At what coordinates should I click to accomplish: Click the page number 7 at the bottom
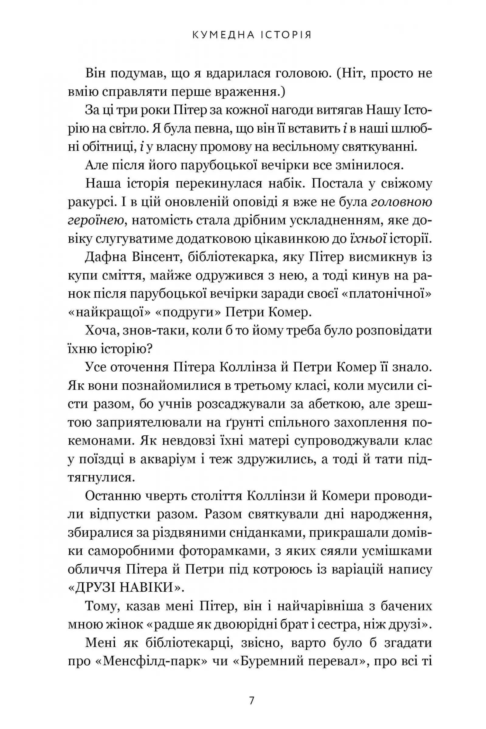tap(251, 689)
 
